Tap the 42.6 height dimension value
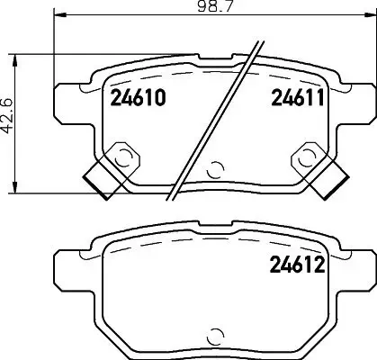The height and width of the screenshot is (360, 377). point(8,123)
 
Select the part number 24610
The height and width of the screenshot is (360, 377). point(137,99)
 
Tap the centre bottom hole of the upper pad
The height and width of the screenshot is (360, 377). point(215,167)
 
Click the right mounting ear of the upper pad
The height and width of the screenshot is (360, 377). point(358,101)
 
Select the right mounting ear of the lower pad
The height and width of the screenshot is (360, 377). point(358,270)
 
